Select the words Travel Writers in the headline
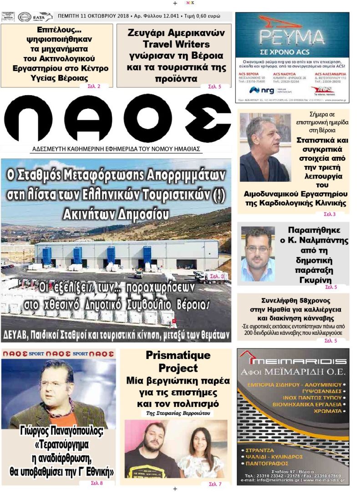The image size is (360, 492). point(176,44)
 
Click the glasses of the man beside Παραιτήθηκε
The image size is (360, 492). point(257,248)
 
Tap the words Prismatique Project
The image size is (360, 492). point(178,362)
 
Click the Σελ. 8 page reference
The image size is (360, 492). point(96,483)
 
